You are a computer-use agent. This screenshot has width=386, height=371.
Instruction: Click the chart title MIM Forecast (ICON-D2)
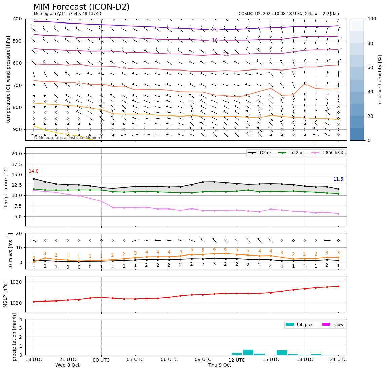point(81,7)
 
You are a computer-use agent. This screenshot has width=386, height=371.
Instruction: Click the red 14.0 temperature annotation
point(34,171)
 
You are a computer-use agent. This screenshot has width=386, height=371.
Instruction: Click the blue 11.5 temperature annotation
point(338,179)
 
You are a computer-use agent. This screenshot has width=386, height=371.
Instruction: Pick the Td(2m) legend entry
point(296,153)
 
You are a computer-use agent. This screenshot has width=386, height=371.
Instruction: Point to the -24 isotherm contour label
point(214,30)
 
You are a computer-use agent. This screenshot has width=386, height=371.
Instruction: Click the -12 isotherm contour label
point(225,54)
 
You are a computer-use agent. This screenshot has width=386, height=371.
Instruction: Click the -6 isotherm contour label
point(124,68)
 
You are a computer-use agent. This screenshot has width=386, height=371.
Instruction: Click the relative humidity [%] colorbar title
point(380,80)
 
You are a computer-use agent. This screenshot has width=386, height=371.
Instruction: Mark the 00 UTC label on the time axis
point(101,360)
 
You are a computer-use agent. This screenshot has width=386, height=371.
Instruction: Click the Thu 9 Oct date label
point(220,365)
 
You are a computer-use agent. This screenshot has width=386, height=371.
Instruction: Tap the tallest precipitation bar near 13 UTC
point(248,352)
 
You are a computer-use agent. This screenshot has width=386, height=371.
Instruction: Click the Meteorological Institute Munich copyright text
point(67,138)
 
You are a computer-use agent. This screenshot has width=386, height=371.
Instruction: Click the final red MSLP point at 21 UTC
point(338,286)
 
